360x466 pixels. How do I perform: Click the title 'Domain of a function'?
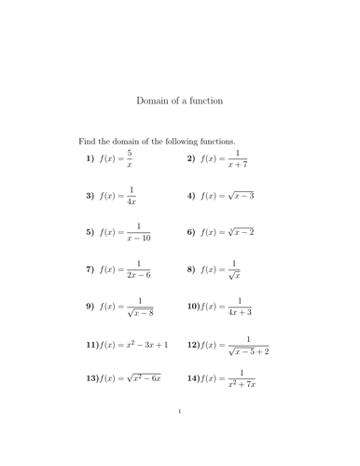point(179,100)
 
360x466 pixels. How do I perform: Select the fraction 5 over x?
point(130,158)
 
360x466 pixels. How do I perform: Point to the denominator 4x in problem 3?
point(132,201)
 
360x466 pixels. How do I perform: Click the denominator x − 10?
point(137,238)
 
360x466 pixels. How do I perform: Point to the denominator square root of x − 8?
point(140,312)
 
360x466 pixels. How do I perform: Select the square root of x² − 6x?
point(145,378)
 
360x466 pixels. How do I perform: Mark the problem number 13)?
point(91,378)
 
